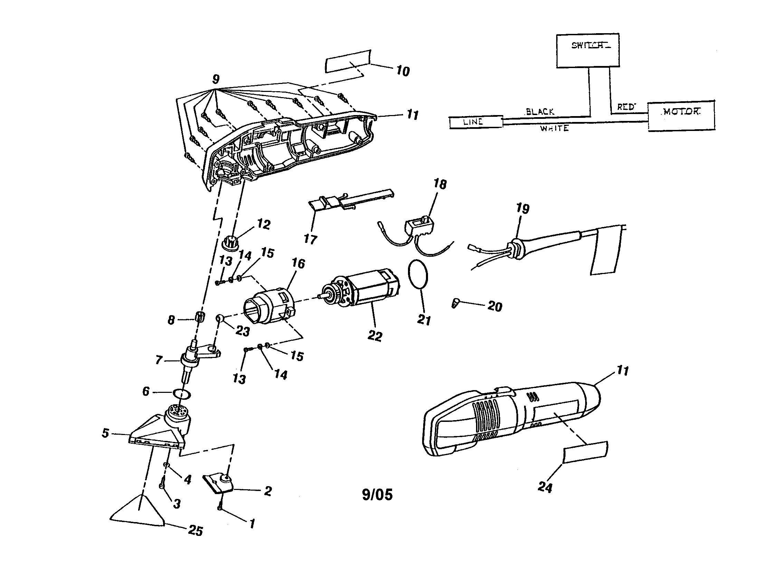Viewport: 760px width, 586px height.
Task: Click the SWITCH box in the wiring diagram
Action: (587, 50)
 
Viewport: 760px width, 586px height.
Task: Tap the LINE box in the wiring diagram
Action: (475, 122)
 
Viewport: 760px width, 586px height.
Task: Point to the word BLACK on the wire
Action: (540, 112)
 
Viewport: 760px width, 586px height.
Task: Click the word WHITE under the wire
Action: (554, 129)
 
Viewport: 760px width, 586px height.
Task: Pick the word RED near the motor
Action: (626, 107)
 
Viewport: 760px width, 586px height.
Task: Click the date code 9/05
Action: (377, 494)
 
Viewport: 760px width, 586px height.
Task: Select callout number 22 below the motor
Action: (375, 336)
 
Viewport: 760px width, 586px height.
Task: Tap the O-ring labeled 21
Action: (418, 274)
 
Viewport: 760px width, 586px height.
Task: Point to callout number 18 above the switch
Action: (440, 184)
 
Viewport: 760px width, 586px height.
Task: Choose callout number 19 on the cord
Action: (523, 209)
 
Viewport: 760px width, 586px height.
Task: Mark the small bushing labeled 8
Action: (199, 317)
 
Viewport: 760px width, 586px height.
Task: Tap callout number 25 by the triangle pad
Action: (196, 531)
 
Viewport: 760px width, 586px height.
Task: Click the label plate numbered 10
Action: (347, 61)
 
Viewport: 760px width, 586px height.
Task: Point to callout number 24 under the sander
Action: (545, 487)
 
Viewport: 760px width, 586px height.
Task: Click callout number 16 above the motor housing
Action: (298, 263)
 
